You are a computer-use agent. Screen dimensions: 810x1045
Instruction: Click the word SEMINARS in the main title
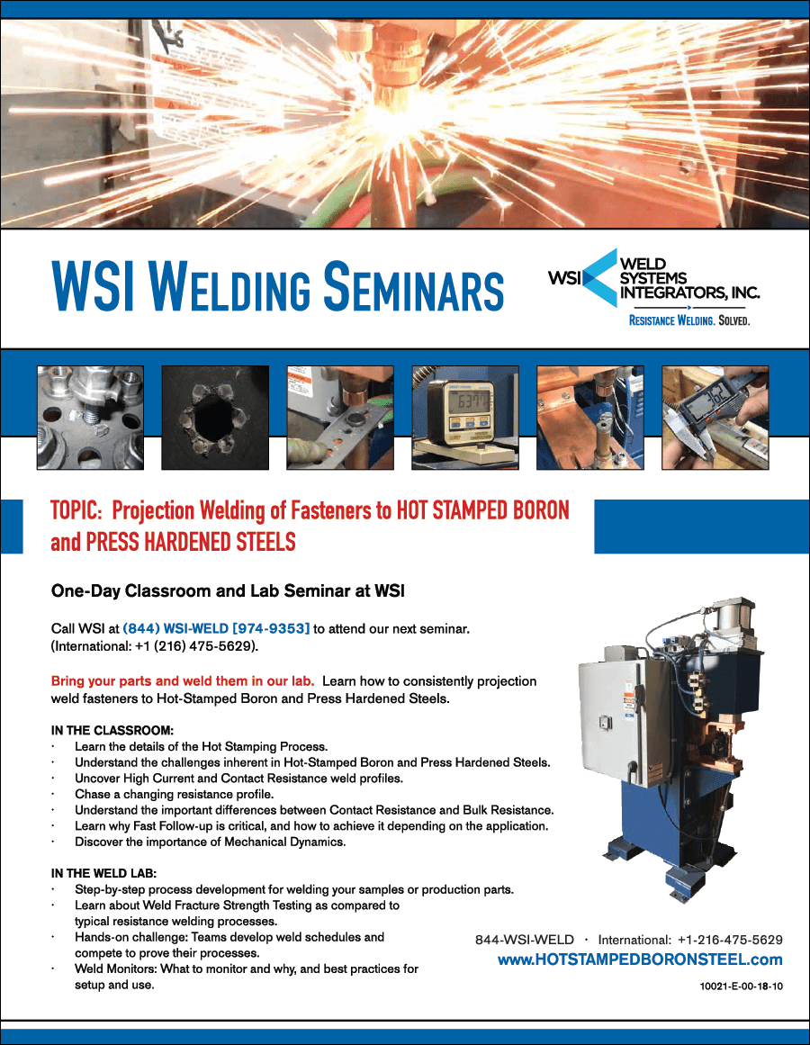click(x=414, y=286)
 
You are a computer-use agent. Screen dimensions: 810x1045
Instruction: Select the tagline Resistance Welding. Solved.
click(x=689, y=320)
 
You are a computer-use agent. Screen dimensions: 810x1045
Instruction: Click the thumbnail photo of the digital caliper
click(x=715, y=418)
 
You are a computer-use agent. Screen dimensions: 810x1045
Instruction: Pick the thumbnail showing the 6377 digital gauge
click(x=465, y=418)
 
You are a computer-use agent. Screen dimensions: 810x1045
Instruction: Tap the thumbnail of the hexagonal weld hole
click(x=215, y=418)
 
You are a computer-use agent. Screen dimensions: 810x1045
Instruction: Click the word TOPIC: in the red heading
click(x=76, y=511)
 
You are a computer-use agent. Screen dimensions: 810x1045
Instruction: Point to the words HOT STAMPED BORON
click(x=483, y=511)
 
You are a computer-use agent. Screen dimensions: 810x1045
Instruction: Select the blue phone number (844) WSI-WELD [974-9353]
click(x=217, y=628)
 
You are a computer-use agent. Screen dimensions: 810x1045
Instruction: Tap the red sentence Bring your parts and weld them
click(x=183, y=681)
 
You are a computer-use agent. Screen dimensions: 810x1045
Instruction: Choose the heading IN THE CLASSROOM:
click(x=112, y=731)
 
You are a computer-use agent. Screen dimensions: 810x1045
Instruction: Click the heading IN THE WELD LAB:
click(x=103, y=873)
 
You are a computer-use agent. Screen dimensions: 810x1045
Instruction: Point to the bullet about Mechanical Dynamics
click(x=210, y=842)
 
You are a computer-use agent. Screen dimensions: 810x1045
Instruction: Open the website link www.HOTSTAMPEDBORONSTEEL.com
click(x=640, y=959)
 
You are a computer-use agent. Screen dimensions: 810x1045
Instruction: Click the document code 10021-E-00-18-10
click(x=742, y=986)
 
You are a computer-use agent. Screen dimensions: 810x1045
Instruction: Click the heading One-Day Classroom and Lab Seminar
click(x=228, y=591)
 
